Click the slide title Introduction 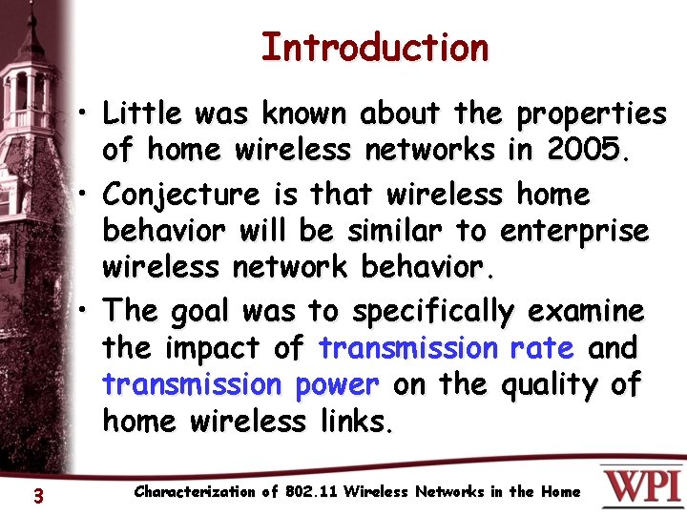[x=374, y=47]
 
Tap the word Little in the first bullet [x=141, y=114]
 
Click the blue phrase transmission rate [x=447, y=348]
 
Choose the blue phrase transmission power [x=241, y=384]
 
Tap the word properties [x=591, y=114]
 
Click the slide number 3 [x=37, y=495]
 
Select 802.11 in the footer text [x=311, y=492]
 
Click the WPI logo [x=640, y=485]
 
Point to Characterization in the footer [x=195, y=492]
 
